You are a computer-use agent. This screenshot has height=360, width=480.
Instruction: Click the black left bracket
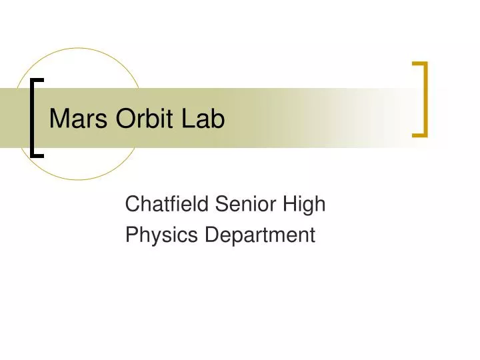point(33,117)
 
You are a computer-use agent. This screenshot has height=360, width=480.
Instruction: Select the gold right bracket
point(423,99)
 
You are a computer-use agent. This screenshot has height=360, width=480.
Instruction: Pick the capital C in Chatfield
point(132,204)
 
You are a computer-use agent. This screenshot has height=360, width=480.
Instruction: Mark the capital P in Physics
point(131,235)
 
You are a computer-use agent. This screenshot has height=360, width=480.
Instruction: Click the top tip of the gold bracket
point(418,64)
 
